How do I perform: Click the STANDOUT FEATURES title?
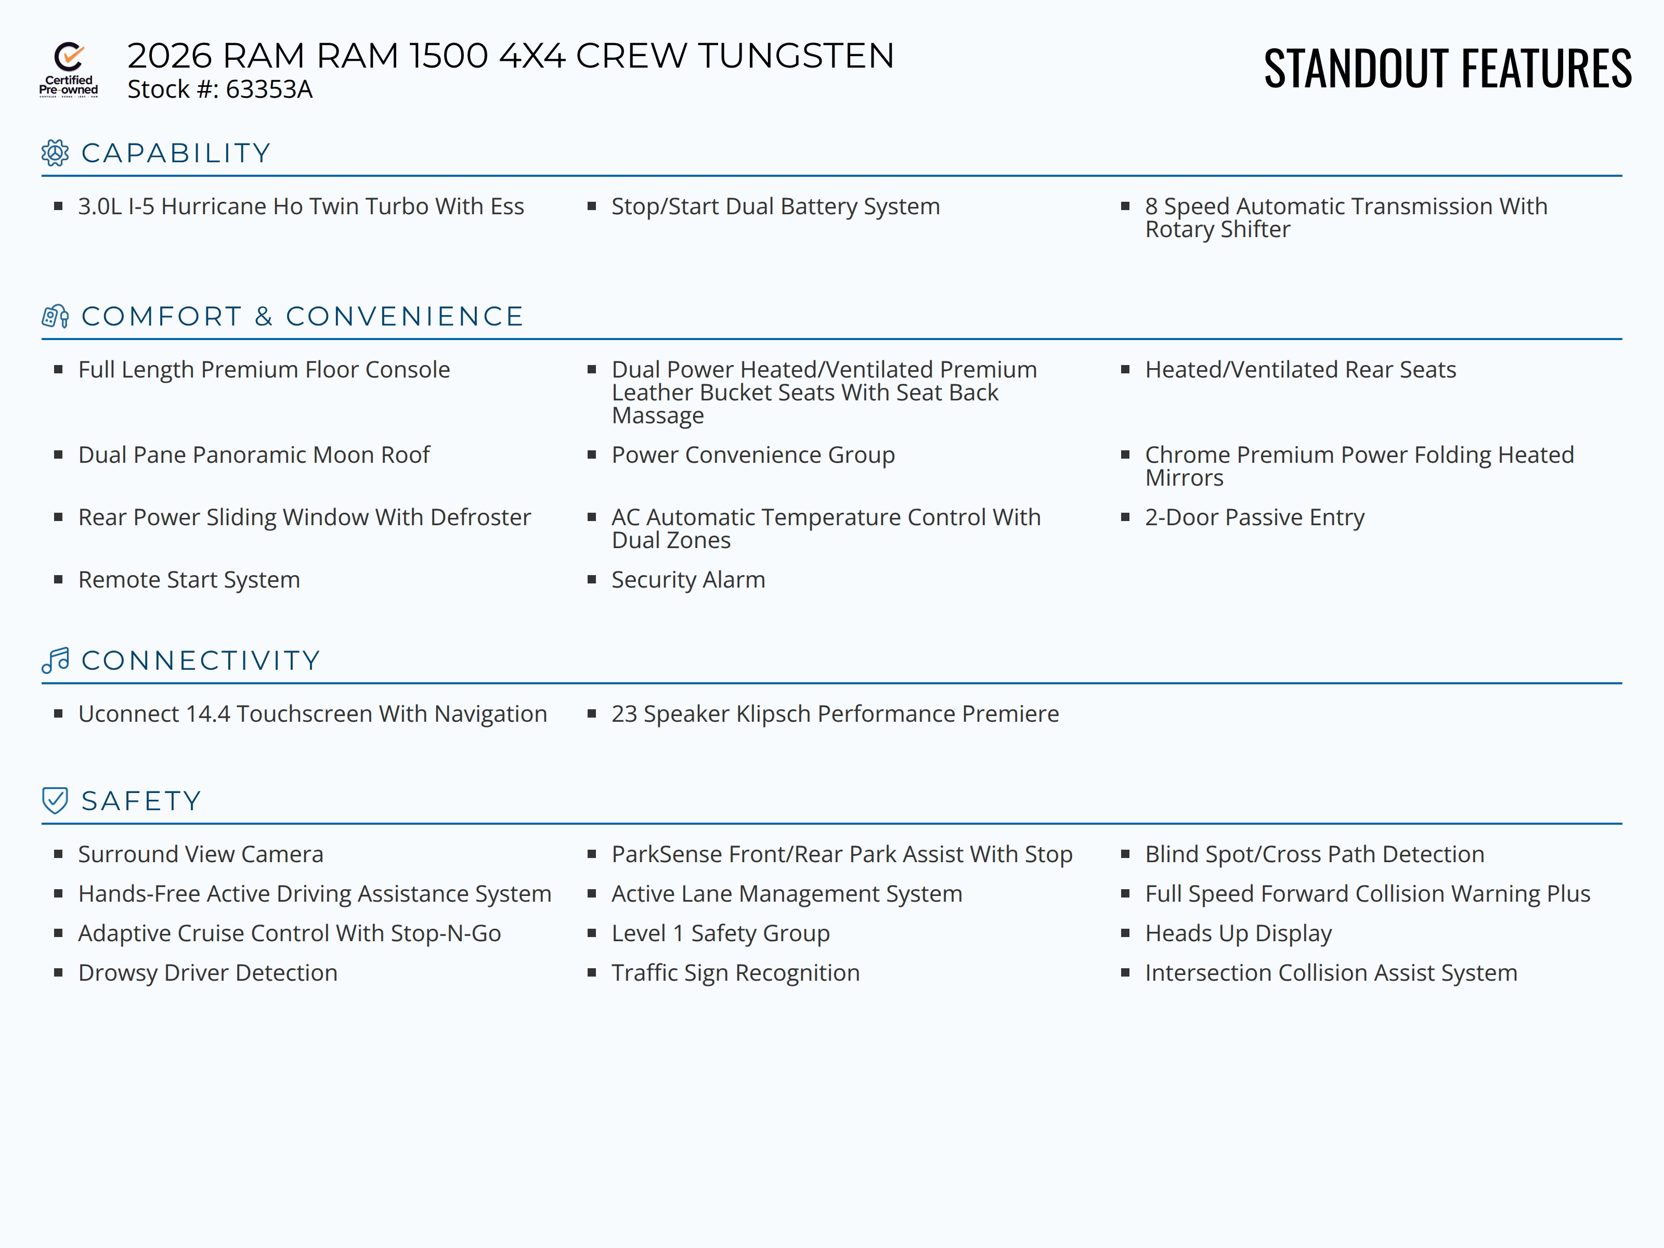pos(1447,69)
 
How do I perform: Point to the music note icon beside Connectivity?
pos(55,660)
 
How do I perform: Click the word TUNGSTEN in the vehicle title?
pos(796,56)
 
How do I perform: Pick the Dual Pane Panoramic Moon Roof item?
pos(254,454)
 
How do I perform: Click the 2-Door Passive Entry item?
pos(1254,517)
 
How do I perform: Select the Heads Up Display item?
pos(1238,933)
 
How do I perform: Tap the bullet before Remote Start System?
pos(58,579)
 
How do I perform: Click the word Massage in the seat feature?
pos(657,415)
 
